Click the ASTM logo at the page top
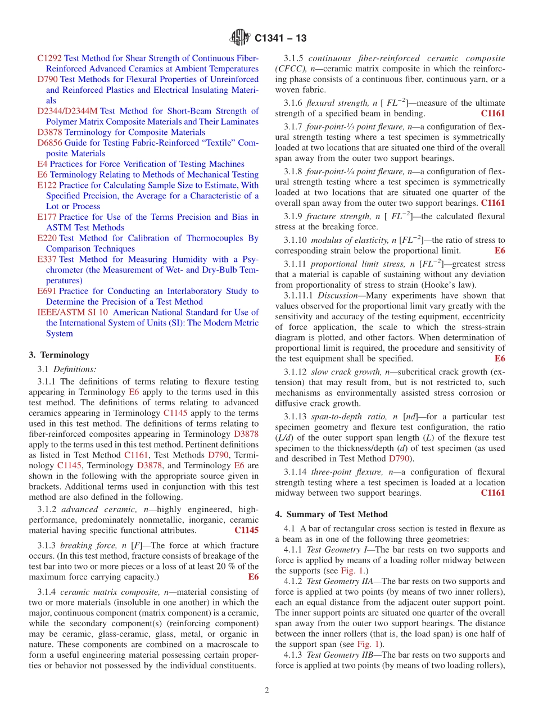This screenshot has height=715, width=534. (x=240, y=38)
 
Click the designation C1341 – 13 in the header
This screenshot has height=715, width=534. (x=280, y=39)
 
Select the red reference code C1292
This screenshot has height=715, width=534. (x=49, y=58)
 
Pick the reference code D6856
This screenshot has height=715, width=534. (x=49, y=143)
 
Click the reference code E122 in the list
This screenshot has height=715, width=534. (x=47, y=185)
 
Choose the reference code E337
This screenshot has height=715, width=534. (x=47, y=259)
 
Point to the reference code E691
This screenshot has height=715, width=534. (x=47, y=291)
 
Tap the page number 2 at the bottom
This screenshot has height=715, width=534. (x=267, y=690)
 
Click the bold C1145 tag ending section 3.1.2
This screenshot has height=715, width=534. (x=246, y=530)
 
